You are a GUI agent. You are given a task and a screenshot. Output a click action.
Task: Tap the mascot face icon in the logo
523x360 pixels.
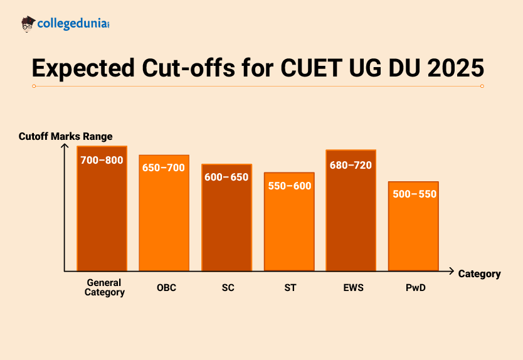[28, 24]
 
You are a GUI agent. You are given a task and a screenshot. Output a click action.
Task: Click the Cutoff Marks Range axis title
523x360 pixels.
[65, 137]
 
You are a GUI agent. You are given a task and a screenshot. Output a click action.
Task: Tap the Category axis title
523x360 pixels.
[479, 273]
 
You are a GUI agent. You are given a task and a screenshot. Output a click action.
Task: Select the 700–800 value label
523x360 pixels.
[102, 160]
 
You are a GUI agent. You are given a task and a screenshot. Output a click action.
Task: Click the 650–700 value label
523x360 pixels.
[164, 168]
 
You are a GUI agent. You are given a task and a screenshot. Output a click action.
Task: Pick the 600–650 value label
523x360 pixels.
[226, 177]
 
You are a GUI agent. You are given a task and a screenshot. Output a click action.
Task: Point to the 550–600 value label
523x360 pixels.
[289, 186]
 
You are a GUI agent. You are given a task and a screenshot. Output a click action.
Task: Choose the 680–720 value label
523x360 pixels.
[351, 166]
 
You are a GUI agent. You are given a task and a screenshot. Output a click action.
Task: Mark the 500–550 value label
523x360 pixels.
[414, 194]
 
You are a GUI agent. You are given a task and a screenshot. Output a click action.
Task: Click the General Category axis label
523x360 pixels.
[105, 287]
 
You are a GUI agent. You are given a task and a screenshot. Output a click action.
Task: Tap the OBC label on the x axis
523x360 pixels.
[167, 288]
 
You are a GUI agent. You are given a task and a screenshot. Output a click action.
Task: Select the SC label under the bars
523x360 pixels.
[228, 288]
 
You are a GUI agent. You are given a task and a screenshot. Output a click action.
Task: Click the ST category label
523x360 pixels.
[290, 288]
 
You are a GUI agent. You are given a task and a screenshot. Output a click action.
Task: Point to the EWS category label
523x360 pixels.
[352, 288]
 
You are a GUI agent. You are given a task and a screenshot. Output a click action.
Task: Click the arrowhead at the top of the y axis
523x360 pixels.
[64, 146]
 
